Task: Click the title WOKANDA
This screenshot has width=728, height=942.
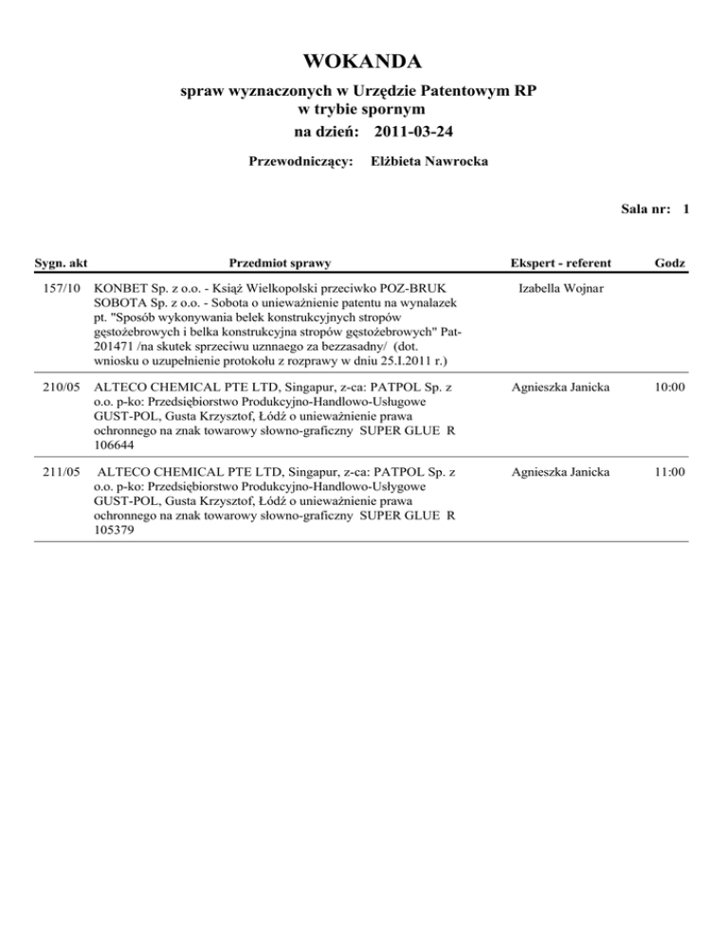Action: click(x=363, y=63)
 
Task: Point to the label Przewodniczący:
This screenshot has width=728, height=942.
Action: click(x=300, y=161)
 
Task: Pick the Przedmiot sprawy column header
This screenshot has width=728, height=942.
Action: click(x=280, y=261)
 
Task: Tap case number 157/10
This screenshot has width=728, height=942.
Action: click(x=61, y=287)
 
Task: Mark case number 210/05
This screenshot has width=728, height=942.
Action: click(x=61, y=389)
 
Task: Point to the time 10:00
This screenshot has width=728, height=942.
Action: click(x=670, y=389)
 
